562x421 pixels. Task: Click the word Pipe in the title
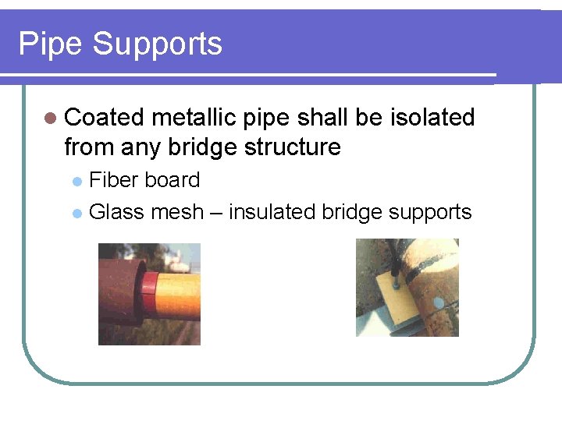(x=50, y=44)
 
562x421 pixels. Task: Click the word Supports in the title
(x=157, y=45)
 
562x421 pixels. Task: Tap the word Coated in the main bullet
(x=105, y=118)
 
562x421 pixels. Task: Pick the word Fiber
(x=111, y=180)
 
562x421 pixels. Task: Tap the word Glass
(x=114, y=211)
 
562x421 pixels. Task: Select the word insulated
(x=272, y=211)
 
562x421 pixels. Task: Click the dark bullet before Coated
(x=51, y=119)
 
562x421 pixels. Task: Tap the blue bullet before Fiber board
(x=76, y=182)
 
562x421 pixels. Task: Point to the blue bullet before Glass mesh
(x=76, y=213)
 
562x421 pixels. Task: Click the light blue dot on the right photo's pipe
(x=438, y=302)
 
